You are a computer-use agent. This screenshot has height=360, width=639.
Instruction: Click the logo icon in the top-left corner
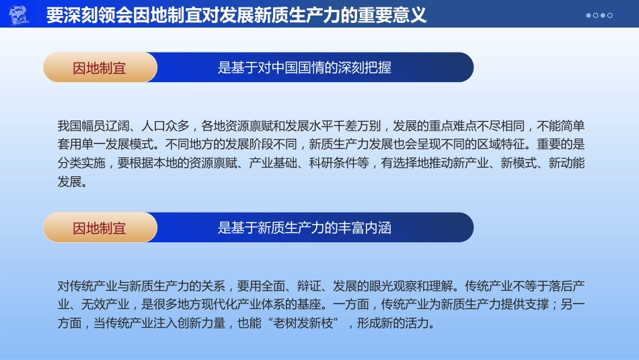(x=18, y=14)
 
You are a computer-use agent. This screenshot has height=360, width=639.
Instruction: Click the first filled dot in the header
(x=589, y=15)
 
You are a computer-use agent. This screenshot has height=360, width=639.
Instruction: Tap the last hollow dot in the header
(x=610, y=15)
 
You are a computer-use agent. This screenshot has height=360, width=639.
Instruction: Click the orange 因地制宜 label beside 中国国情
(x=100, y=67)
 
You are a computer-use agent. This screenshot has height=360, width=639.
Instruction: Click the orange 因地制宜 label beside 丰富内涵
(x=100, y=227)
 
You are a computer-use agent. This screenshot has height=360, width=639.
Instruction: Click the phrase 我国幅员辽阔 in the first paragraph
(x=91, y=126)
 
